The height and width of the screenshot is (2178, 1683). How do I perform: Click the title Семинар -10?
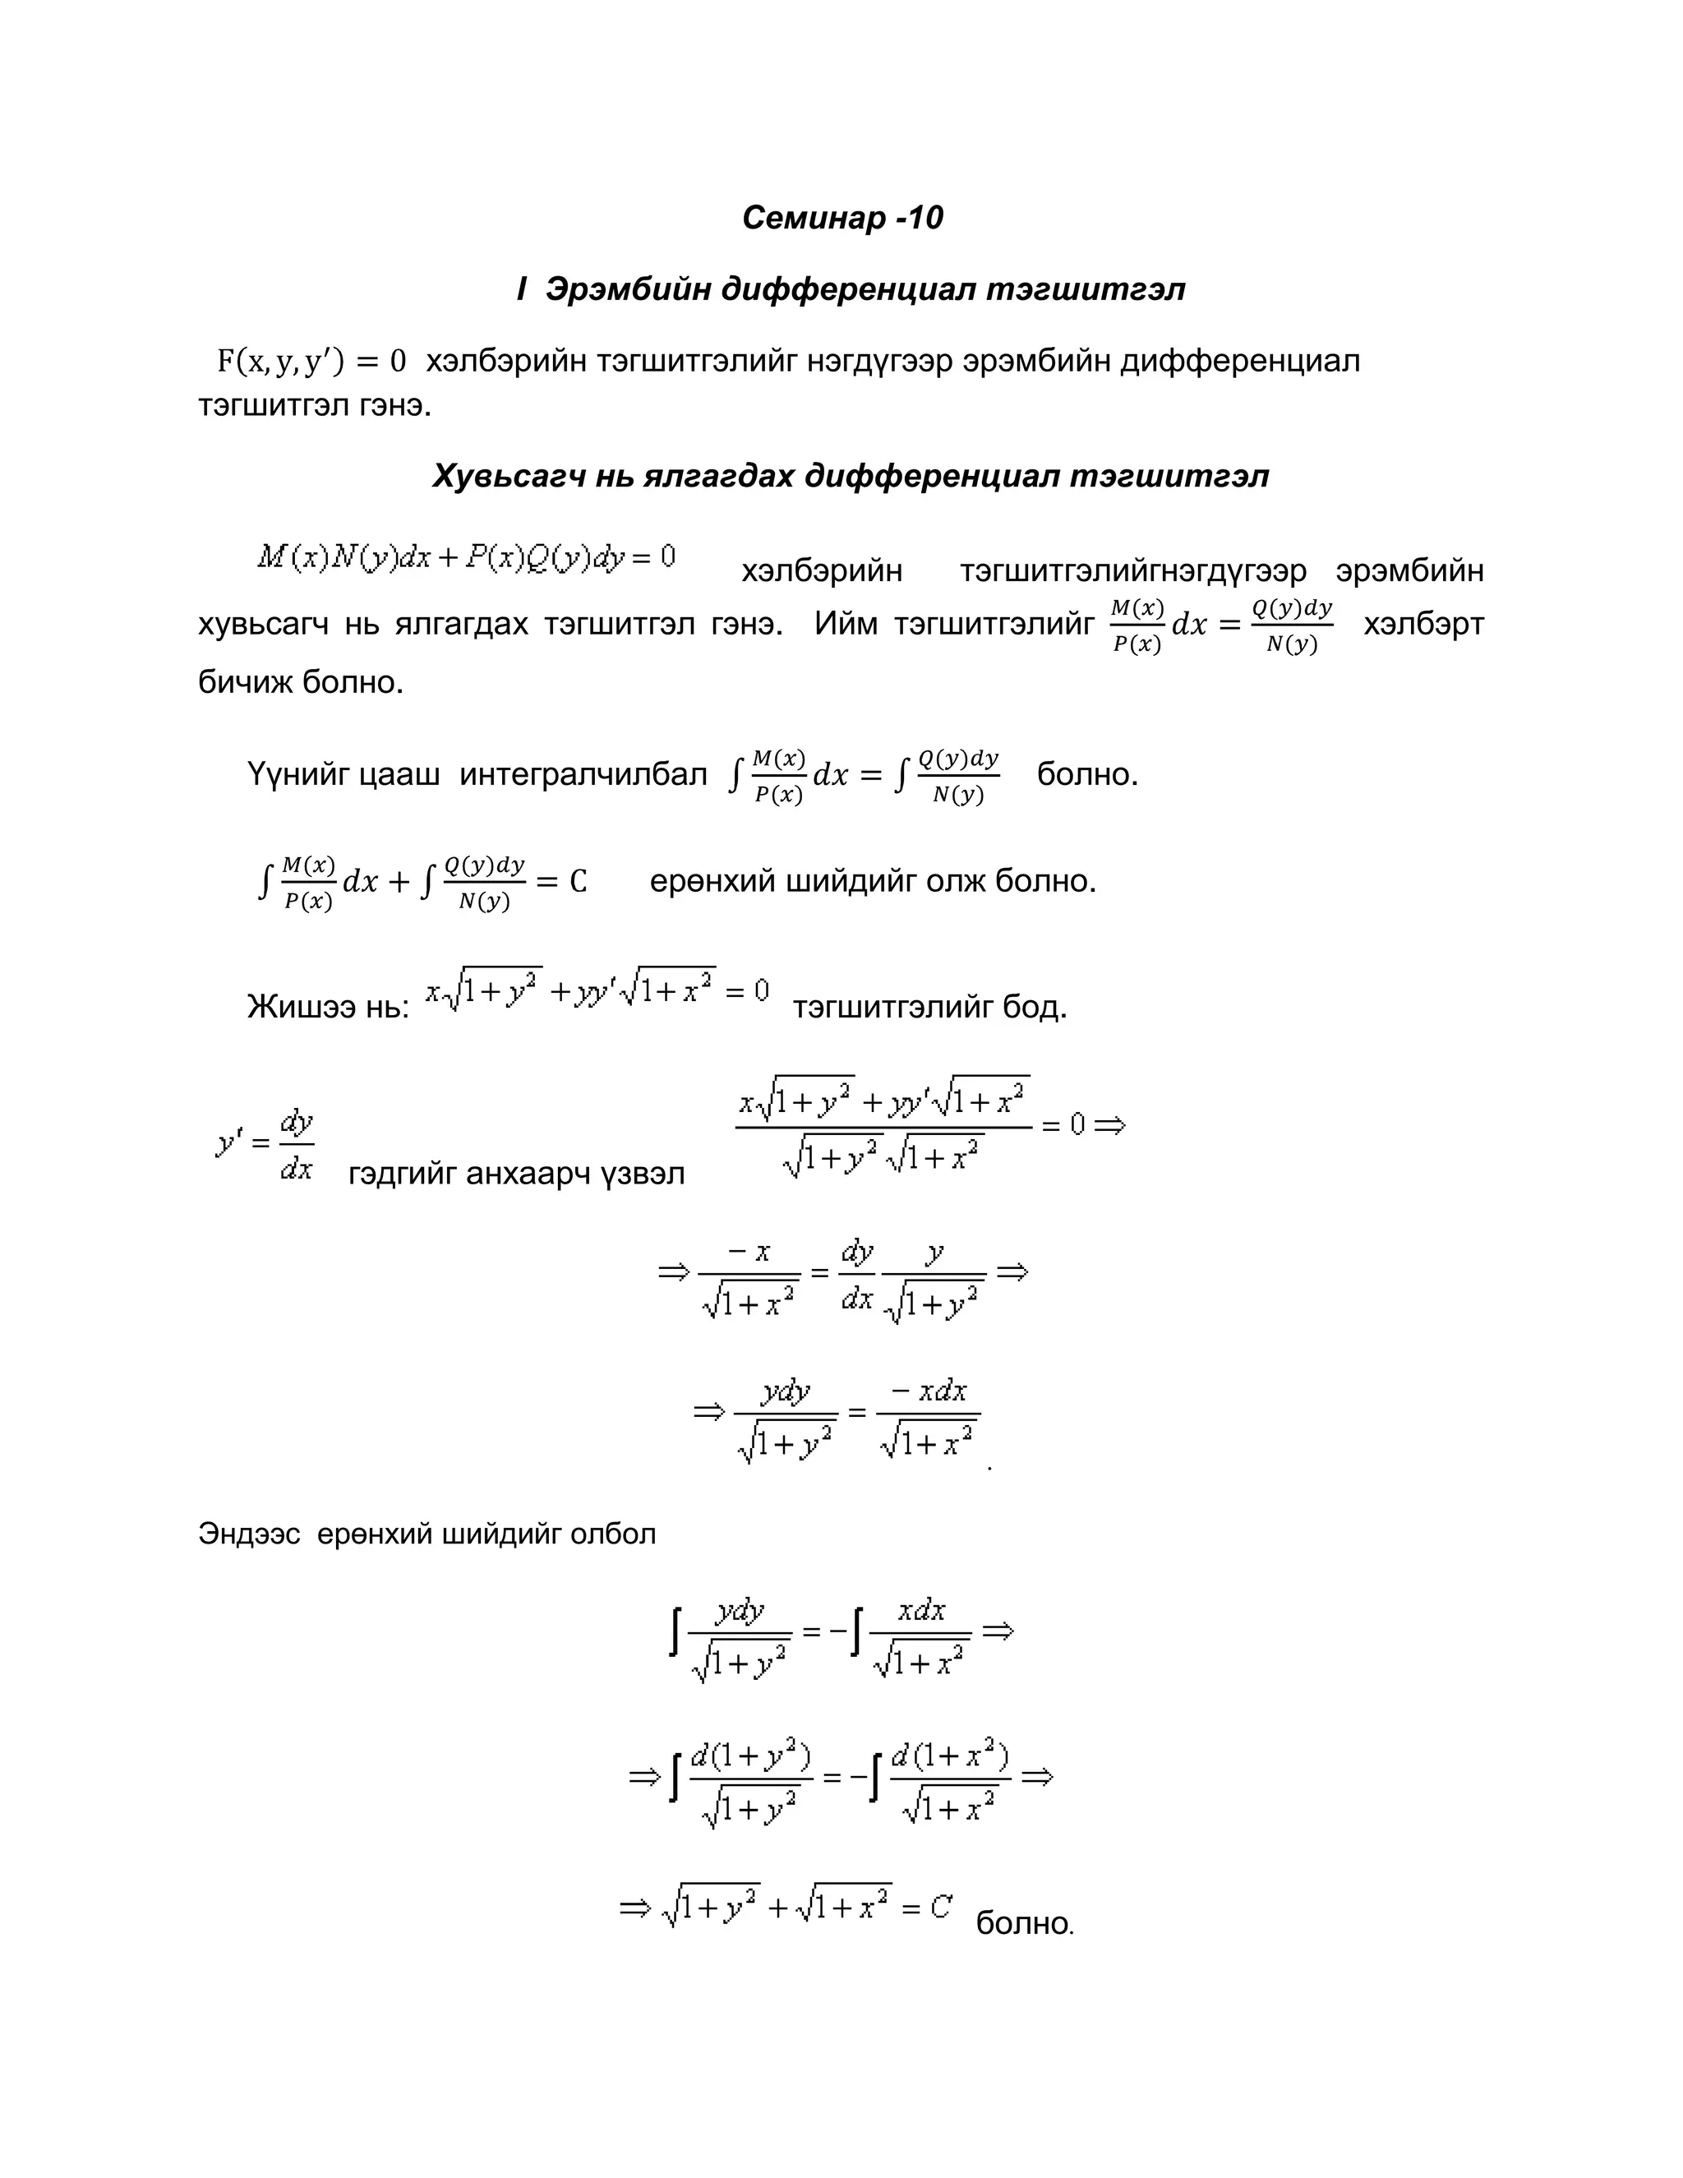click(x=841, y=218)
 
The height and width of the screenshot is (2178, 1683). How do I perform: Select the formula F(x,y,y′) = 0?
click(x=312, y=361)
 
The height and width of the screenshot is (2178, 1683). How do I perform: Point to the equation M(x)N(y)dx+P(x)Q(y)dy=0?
click(x=467, y=556)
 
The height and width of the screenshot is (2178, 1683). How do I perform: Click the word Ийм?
click(x=846, y=625)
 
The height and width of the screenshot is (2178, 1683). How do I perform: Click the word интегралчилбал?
click(x=583, y=774)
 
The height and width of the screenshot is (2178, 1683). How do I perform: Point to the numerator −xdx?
click(x=929, y=1391)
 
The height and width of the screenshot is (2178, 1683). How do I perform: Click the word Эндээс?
click(x=248, y=1534)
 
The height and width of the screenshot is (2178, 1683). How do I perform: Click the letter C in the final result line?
click(x=940, y=1908)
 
